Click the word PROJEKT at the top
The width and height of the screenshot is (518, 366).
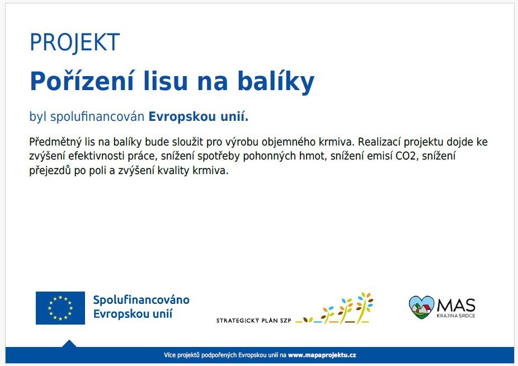(74, 42)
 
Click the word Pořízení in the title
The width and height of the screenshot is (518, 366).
(82, 81)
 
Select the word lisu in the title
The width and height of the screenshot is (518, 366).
(166, 81)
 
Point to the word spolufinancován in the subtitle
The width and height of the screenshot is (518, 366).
(97, 117)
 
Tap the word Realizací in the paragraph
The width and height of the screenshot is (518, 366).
(379, 142)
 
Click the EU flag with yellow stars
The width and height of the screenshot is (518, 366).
(60, 308)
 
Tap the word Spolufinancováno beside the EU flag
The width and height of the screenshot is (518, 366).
(142, 300)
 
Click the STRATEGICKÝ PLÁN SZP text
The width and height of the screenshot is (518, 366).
(254, 320)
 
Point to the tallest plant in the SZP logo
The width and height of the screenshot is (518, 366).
(364, 307)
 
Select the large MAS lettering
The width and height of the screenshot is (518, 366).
(456, 305)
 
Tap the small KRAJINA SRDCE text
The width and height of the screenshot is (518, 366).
(456, 316)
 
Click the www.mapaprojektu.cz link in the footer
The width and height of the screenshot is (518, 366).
(322, 355)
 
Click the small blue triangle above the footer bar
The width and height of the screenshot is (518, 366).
(69, 344)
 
